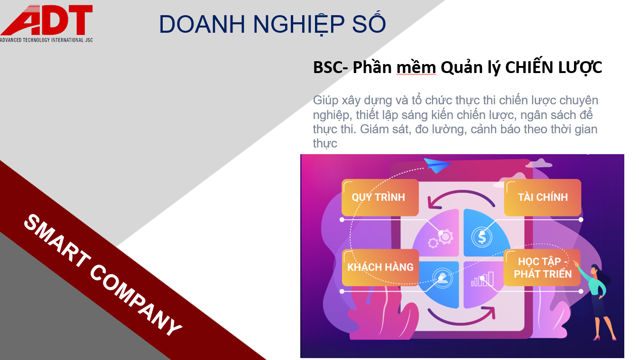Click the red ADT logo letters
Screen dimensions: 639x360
47,20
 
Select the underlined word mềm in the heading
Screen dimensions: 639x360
416,68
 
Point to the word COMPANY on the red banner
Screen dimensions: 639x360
136,299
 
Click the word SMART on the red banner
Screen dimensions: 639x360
57,240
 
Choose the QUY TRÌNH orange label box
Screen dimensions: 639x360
380,197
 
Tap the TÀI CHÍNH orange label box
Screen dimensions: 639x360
543,197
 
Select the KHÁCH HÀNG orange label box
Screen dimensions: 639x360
380,268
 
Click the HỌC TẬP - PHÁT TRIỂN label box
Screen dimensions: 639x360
542,268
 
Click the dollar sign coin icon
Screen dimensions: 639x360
482,237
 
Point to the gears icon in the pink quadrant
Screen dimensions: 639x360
441,238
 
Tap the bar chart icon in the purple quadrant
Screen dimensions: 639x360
482,279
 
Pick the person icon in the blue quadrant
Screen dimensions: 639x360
443,278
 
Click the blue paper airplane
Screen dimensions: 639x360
437,165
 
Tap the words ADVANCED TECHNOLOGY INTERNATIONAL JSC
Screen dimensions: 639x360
46,40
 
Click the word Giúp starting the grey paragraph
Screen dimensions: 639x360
325,101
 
